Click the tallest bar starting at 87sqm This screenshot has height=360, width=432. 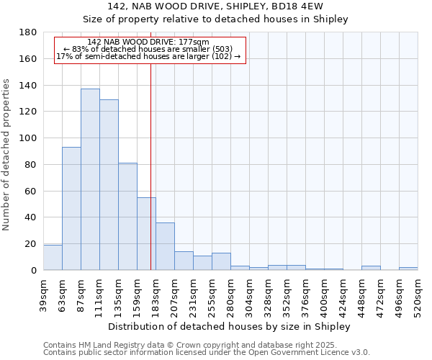pos(90,180)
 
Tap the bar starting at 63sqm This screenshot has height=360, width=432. pos(71,209)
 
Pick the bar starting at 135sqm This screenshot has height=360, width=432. pos(127,216)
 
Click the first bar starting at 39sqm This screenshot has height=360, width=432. pos(53,258)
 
